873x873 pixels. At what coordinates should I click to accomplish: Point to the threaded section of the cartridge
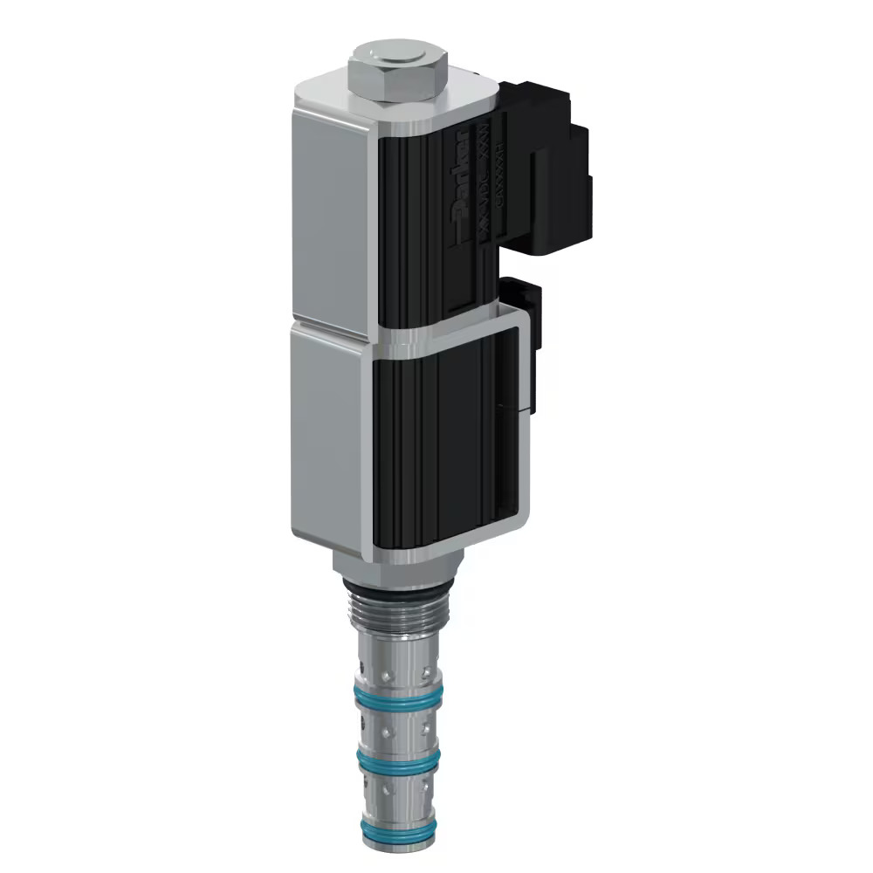(x=397, y=620)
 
